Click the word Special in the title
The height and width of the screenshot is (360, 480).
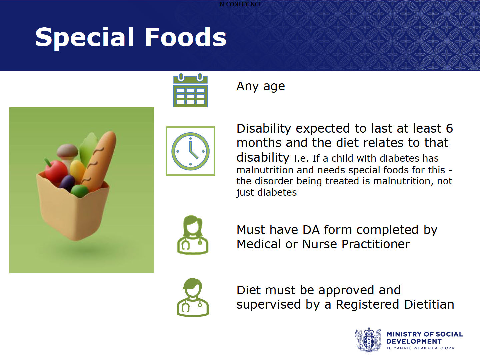coord(85,38)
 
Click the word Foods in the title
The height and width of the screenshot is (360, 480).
coord(185,37)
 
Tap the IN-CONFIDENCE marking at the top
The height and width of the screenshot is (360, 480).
coord(240,4)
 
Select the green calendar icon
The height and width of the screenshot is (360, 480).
coord(190,90)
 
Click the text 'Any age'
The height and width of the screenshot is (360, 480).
coord(261,86)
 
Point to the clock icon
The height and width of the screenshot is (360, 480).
coord(190,151)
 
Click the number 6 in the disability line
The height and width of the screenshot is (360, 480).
coord(449,128)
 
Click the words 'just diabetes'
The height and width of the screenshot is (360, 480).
coord(266,193)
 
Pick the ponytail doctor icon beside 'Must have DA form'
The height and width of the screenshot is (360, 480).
coord(193,235)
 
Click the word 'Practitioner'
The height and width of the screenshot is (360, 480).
coord(376,244)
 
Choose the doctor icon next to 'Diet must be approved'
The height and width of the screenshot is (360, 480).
coord(193,297)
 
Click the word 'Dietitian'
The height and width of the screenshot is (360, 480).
coord(429,304)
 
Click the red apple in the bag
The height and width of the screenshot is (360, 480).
coord(56,171)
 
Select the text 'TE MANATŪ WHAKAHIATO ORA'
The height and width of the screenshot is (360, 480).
coord(420,348)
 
